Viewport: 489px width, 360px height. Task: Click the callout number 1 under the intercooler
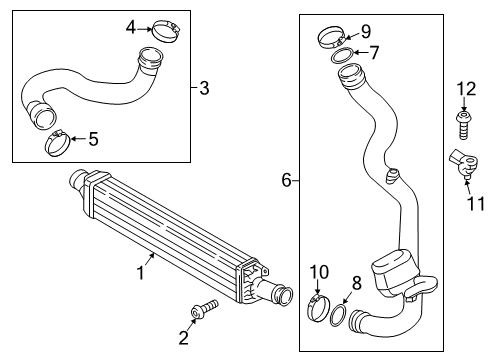[141, 272]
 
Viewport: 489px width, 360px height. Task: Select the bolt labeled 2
[205, 309]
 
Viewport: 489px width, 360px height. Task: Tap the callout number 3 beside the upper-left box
[204, 88]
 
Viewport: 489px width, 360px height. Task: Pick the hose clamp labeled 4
[166, 31]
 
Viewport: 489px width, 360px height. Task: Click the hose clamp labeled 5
[58, 143]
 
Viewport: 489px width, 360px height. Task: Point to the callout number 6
[287, 180]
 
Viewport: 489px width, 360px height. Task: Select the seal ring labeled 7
[342, 55]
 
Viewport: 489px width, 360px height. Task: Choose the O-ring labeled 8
[338, 315]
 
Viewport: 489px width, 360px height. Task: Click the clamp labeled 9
[332, 38]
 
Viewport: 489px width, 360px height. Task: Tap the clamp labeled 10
[318, 308]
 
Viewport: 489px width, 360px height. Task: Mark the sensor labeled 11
[464, 163]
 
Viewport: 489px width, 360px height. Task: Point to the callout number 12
[466, 89]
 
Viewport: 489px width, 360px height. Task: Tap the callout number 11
[476, 203]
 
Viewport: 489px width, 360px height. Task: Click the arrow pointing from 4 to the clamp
[144, 29]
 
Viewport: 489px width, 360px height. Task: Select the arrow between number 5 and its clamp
[79, 139]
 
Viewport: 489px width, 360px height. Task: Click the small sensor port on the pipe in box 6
[392, 175]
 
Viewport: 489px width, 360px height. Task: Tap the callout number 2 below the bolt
[184, 337]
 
